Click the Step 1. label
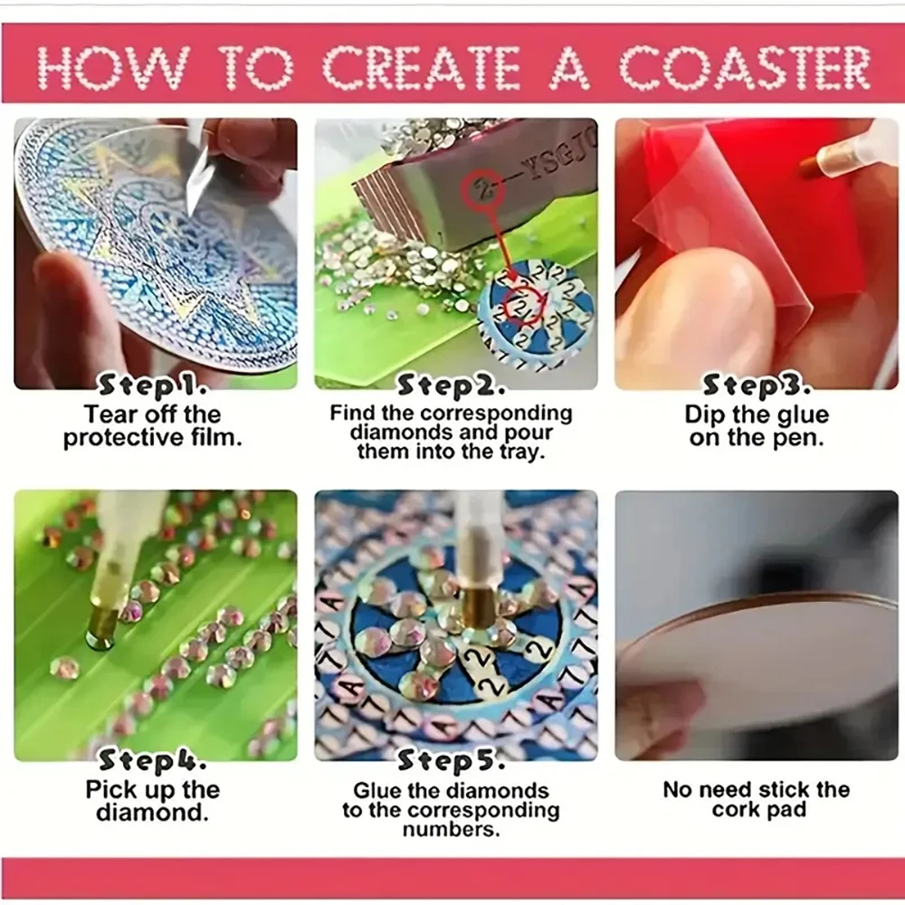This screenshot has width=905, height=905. [153, 386]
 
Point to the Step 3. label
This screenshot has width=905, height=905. [757, 386]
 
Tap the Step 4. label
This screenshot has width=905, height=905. [153, 760]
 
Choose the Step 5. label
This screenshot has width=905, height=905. [450, 760]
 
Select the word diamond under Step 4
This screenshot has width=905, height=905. [152, 812]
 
